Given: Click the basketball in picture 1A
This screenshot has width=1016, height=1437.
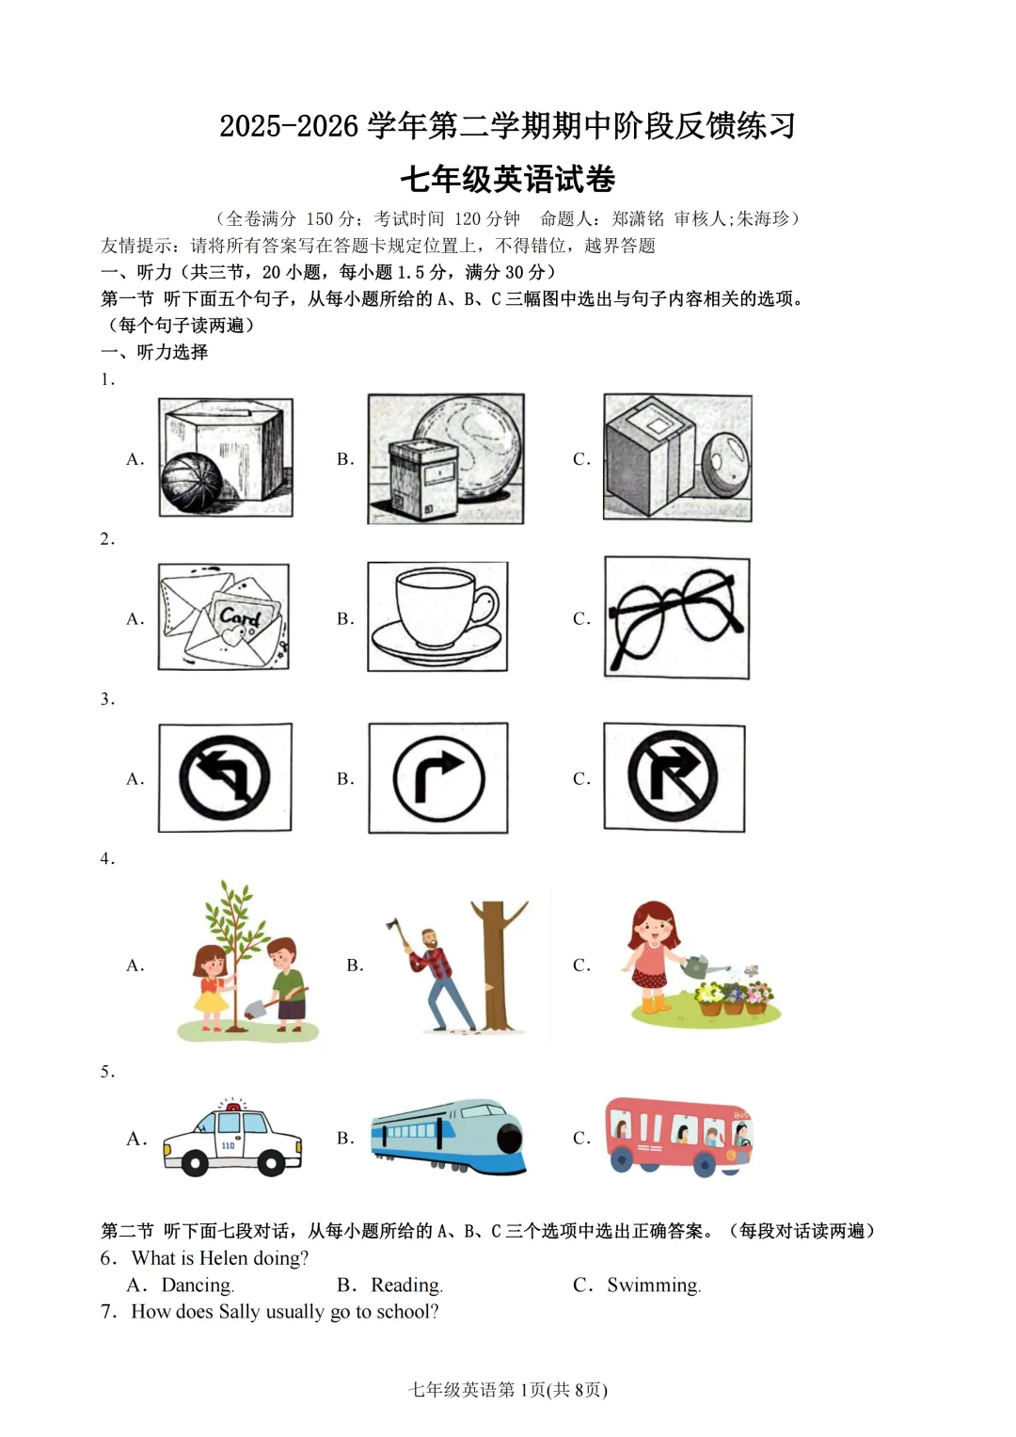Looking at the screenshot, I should pos(192,482).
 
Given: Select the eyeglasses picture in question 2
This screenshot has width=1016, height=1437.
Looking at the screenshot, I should pos(675,617).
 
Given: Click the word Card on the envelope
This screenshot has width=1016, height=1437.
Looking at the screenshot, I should pos(240,616).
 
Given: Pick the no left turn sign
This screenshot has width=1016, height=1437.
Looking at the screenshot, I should pos(225,778).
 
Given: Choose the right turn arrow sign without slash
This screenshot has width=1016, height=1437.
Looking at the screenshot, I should pos(438,778).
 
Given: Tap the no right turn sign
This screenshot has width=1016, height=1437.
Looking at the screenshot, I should pos(674,777).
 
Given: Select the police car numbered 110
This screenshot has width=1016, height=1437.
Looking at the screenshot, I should pos(231,1139).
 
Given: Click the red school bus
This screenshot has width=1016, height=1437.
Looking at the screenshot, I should pos(677,1136).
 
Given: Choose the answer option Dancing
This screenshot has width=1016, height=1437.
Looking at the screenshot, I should pos(197,1285).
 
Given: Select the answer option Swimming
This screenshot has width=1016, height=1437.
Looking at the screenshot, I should pos(653,1285).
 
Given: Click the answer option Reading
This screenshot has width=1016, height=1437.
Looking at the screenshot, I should pos(405,1285).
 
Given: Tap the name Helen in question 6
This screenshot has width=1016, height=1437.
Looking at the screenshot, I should pos(223,1258).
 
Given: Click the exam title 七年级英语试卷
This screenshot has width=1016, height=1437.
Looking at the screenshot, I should pos(508,179).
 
